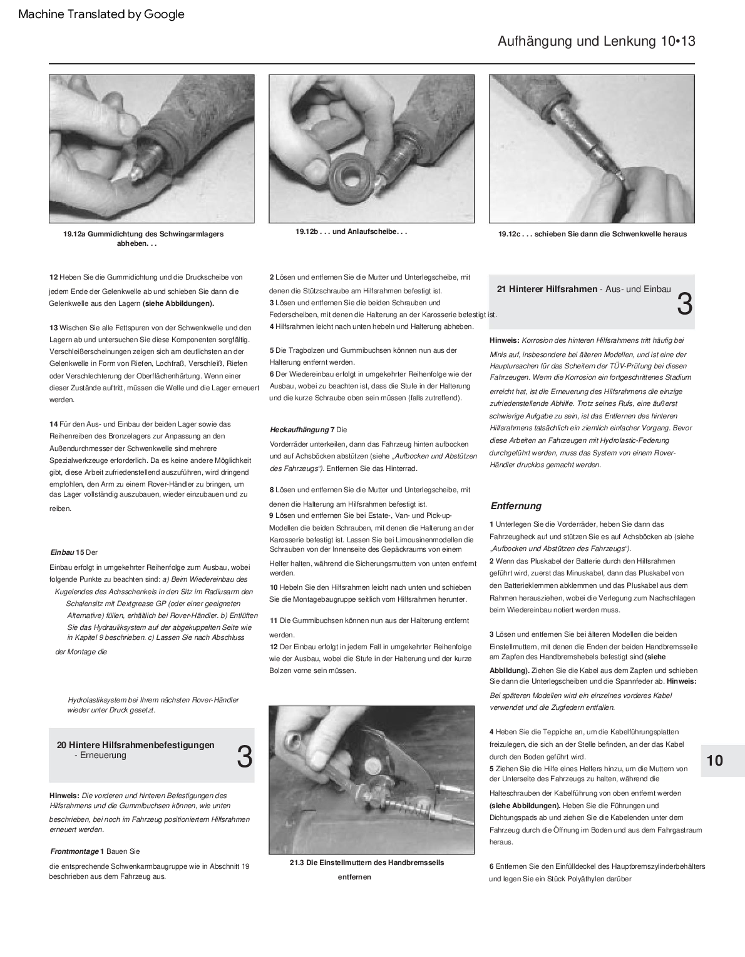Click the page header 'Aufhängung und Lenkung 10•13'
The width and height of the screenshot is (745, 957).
point(596,41)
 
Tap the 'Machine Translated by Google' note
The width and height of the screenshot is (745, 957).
point(101,14)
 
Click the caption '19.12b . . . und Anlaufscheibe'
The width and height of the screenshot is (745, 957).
point(351,231)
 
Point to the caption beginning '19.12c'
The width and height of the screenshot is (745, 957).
point(592,234)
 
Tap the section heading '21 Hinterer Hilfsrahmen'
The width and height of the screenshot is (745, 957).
point(547,289)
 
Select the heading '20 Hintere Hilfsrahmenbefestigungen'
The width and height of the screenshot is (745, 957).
point(136,745)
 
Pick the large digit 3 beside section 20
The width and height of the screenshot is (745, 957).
point(244,757)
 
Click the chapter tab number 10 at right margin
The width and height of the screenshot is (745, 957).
point(714,761)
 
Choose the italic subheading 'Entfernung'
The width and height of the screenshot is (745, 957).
point(515,506)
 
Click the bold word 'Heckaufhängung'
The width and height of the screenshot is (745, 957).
point(299,430)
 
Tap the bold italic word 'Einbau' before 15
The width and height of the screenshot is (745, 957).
point(62,552)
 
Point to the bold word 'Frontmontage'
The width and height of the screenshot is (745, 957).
point(74,851)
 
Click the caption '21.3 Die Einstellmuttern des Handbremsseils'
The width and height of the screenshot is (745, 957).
point(366,863)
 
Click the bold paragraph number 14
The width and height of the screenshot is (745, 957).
point(53,424)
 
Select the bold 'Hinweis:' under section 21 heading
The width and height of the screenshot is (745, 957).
point(504,340)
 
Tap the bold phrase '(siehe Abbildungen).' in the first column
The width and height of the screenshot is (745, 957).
point(178,303)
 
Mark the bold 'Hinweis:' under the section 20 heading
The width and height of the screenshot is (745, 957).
point(64,796)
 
